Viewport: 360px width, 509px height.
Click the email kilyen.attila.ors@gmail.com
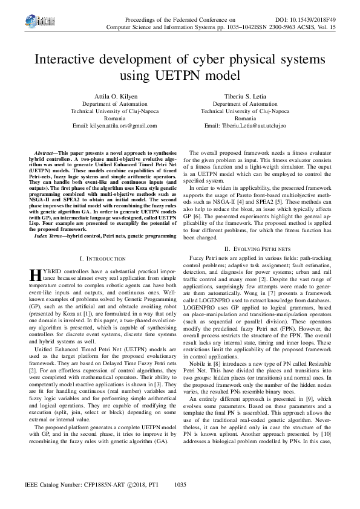[x=114, y=125]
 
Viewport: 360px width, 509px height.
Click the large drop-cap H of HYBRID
[x=34, y=293]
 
